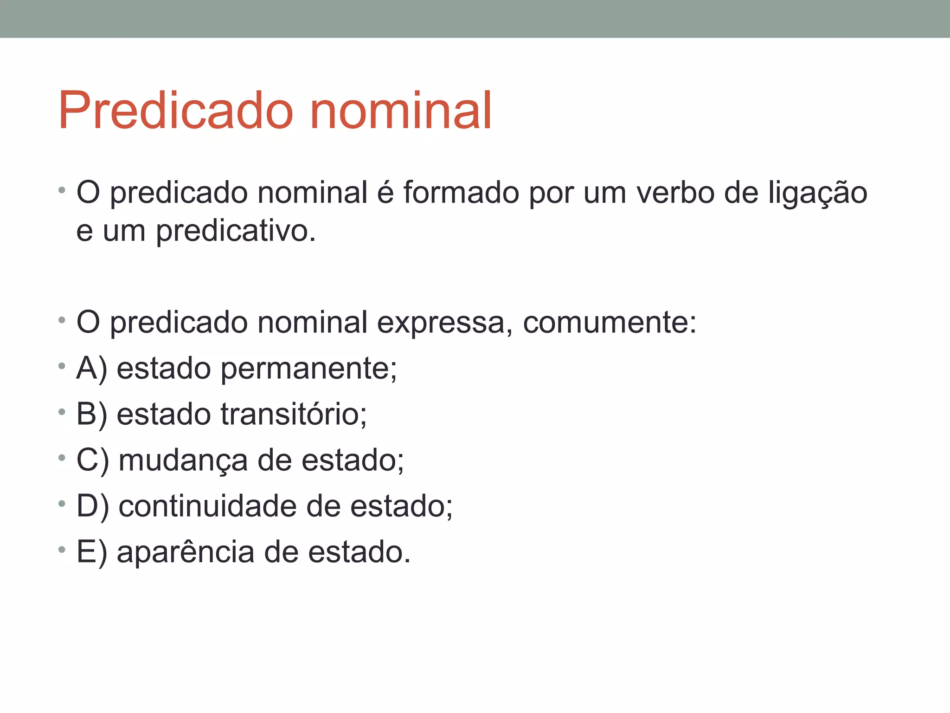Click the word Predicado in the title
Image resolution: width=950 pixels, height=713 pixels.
(176, 111)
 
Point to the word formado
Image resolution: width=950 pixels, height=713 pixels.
(461, 192)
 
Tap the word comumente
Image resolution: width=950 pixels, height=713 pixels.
(609, 322)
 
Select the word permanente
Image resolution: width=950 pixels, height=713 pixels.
(308, 369)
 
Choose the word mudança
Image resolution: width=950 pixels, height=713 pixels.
(183, 461)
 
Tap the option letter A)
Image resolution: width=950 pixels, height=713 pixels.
(92, 369)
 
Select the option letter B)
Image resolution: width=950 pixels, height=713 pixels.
(92, 414)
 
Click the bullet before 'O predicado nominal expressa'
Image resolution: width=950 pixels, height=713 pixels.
(62, 320)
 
